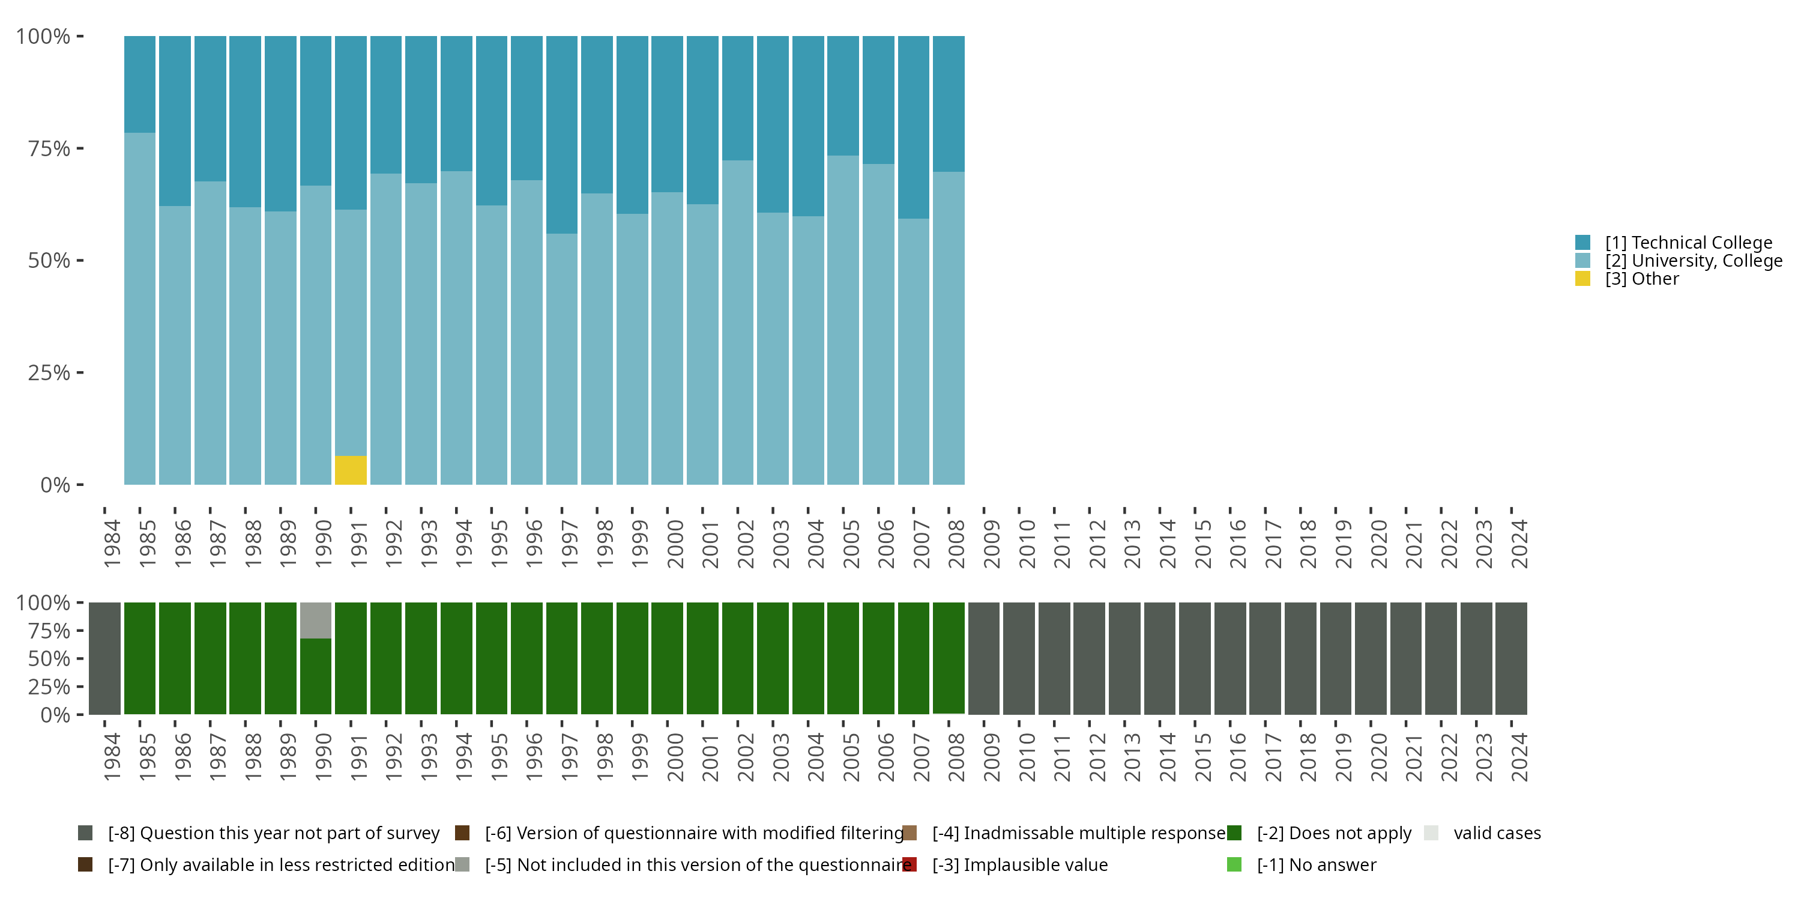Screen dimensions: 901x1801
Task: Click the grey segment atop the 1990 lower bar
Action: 315,620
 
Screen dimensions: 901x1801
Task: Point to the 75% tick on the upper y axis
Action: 80,148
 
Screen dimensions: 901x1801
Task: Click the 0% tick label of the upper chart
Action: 55,485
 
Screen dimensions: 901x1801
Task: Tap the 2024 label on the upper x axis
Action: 1519,544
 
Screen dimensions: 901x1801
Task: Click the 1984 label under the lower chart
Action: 112,757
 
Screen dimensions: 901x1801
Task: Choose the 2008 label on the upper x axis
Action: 956,544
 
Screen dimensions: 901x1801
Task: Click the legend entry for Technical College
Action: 1688,243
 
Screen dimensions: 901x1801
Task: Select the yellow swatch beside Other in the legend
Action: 1582,279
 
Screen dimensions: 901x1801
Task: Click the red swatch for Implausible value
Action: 909,864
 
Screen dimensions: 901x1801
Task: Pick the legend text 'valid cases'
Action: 1496,833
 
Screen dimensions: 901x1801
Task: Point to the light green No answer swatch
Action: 1234,864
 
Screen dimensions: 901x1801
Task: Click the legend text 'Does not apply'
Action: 1333,833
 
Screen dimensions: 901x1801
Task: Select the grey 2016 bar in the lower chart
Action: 1230,658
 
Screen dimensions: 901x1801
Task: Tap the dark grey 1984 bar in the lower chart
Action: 105,658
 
